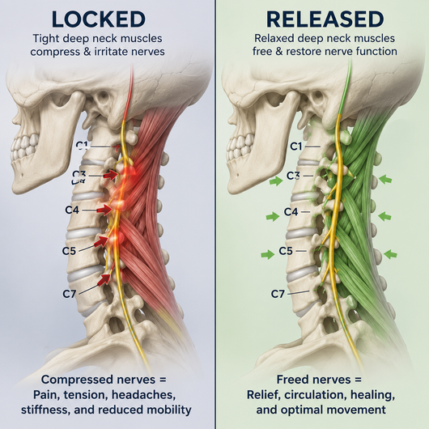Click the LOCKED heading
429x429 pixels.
tap(98, 19)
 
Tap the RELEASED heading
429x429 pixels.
tap(325, 19)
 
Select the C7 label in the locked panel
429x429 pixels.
tap(70, 294)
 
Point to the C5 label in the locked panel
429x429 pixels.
tap(69, 251)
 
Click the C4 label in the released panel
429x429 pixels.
tap(291, 211)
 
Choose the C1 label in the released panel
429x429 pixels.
tap(296, 147)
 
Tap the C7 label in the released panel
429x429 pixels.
tap(278, 294)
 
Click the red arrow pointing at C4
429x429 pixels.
tap(104, 210)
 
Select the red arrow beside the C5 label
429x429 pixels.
tap(100, 241)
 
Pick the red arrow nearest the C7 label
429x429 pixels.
tap(104, 279)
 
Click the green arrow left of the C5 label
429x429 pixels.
tap(268, 254)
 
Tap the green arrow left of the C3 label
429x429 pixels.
tap(276, 181)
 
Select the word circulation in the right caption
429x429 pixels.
tap(316, 394)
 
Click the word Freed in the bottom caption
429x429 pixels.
tap(290, 380)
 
